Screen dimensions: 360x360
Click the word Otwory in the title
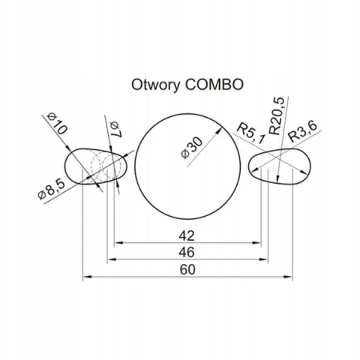tap(155, 85)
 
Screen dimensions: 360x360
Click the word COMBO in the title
tap(214, 85)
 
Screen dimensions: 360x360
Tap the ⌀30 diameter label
tap(192, 148)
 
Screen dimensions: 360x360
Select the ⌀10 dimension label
tap(57, 124)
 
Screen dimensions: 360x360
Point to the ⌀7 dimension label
tap(115, 129)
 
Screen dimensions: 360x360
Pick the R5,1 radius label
tap(250, 133)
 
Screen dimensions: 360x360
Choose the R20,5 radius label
tap(277, 115)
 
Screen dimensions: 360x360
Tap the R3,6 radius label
tap(302, 131)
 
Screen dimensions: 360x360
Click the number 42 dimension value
tap(187, 235)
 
